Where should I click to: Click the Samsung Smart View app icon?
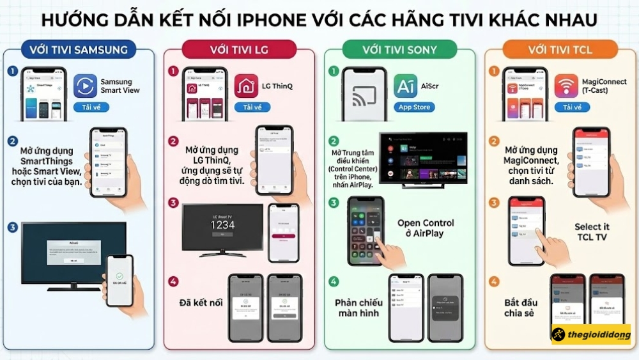pyautogui.click(x=85, y=86)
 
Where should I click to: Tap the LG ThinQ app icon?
pyautogui.click(x=246, y=86)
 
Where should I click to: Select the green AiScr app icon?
pyautogui.click(x=406, y=86)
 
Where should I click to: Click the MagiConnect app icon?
pyautogui.click(x=566, y=86)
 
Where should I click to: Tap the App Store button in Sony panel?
pyautogui.click(x=414, y=107)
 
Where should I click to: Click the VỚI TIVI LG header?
pyautogui.click(x=238, y=49)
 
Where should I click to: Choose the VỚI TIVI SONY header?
pyautogui.click(x=400, y=49)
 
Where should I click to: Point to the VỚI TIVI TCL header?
pyautogui.click(x=560, y=49)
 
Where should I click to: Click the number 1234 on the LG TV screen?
pyautogui.click(x=222, y=225)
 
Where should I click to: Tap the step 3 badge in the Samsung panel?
pyautogui.click(x=13, y=227)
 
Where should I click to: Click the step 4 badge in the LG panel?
pyautogui.click(x=173, y=281)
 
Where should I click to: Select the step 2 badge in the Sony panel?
pyautogui.click(x=334, y=141)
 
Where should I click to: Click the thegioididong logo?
pyautogui.click(x=591, y=334)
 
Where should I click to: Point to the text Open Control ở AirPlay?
pyautogui.click(x=426, y=228)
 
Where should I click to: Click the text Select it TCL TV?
pyautogui.click(x=592, y=232)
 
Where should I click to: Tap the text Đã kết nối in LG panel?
pyautogui.click(x=202, y=302)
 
